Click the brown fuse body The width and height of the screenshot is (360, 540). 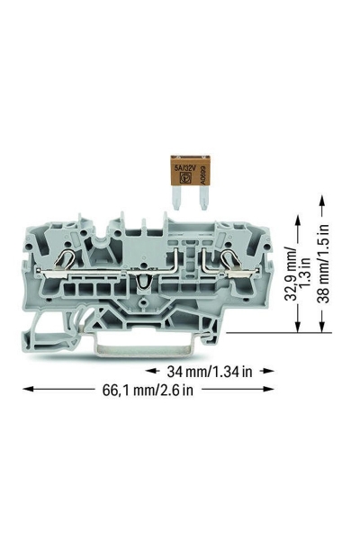pyautogui.click(x=190, y=172)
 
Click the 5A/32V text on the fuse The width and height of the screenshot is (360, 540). pyautogui.click(x=185, y=168)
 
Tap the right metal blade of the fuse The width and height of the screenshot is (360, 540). pyautogui.click(x=203, y=200)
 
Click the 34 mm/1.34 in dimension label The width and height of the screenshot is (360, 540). pyautogui.click(x=210, y=371)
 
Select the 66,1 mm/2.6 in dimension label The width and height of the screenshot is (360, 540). pyautogui.click(x=148, y=390)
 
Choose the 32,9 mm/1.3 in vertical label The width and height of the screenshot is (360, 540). pyautogui.click(x=299, y=274)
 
